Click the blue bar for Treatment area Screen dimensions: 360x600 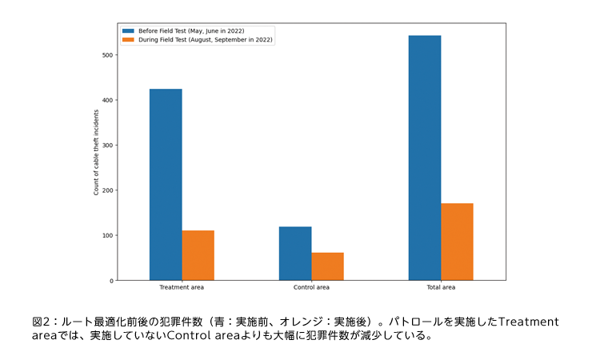pos(166,185)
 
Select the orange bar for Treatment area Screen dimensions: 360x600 pos(198,255)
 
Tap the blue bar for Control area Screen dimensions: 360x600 pos(295,254)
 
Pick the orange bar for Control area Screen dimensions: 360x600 pos(327,266)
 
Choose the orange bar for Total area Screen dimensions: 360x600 pos(457,242)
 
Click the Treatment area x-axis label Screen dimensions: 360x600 pos(182,287)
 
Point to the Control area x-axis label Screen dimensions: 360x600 pos(311,287)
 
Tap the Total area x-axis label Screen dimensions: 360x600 pos(441,287)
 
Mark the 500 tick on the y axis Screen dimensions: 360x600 pos(108,55)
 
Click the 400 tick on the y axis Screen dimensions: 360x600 pos(108,100)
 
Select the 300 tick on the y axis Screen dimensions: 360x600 pos(108,145)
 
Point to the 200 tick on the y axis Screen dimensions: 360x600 pos(108,190)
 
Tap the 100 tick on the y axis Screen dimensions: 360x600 pos(108,235)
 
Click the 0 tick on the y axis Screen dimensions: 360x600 pos(110,281)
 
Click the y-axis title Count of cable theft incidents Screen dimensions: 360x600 pos(97,153)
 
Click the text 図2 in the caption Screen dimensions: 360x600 pos(40,322)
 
